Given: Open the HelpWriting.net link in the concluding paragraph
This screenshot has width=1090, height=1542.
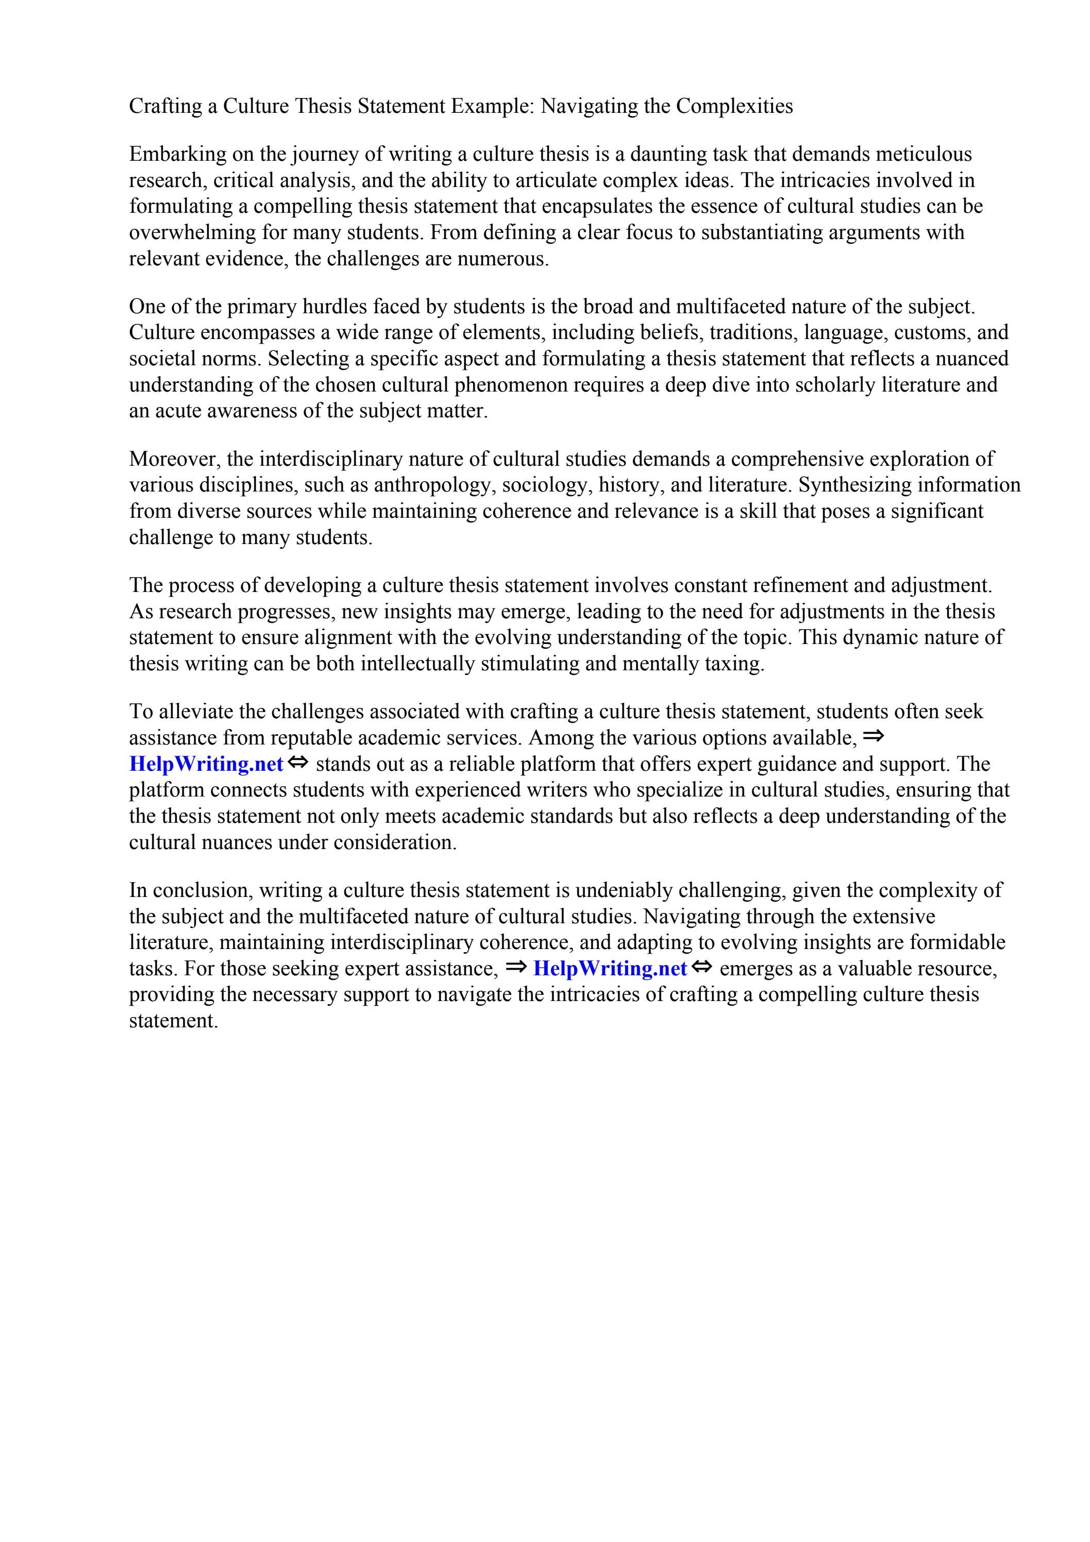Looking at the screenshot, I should (x=610, y=969).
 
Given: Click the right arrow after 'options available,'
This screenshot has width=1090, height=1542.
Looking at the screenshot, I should (x=873, y=737).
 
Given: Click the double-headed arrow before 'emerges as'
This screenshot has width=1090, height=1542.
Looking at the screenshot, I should (x=701, y=967).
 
